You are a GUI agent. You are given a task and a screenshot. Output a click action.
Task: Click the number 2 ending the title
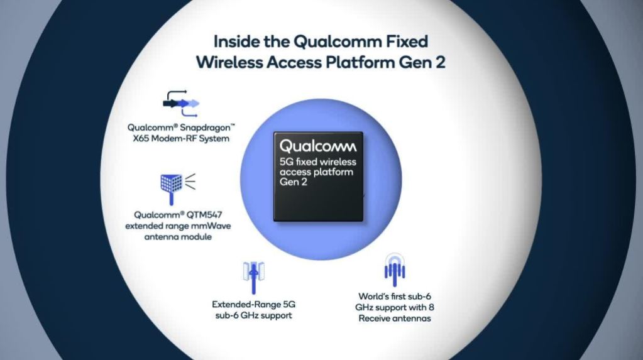click(x=440, y=62)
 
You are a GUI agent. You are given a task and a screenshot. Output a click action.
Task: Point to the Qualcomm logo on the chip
click(x=318, y=146)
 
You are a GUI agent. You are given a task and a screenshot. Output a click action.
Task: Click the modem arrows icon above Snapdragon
click(x=181, y=103)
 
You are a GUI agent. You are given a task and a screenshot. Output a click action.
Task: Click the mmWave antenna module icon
click(x=177, y=188)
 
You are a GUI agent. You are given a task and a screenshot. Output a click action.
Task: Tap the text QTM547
click(x=204, y=215)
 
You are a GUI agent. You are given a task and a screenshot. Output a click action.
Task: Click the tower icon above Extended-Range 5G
click(x=253, y=278)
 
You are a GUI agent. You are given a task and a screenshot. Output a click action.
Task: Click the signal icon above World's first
click(x=395, y=270)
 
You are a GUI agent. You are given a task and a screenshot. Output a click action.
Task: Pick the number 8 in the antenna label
click(x=431, y=307)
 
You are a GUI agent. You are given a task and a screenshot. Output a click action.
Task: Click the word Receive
click(x=374, y=319)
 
